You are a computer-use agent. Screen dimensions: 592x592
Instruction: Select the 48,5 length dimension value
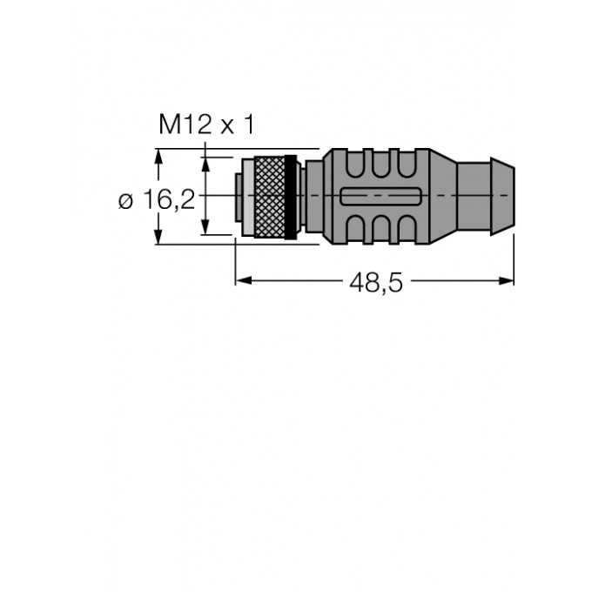point(376,282)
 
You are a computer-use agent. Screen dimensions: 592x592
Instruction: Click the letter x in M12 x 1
point(227,127)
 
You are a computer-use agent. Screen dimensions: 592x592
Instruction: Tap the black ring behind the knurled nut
point(291,196)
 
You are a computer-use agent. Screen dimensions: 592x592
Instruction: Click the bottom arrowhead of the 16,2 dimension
point(158,238)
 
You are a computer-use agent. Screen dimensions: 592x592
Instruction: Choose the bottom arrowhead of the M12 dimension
point(205,229)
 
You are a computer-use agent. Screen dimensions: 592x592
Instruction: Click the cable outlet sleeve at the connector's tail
point(487,196)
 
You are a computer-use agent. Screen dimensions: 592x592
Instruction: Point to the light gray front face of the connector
point(246,196)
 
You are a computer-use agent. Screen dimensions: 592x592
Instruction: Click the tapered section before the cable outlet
point(441,196)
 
